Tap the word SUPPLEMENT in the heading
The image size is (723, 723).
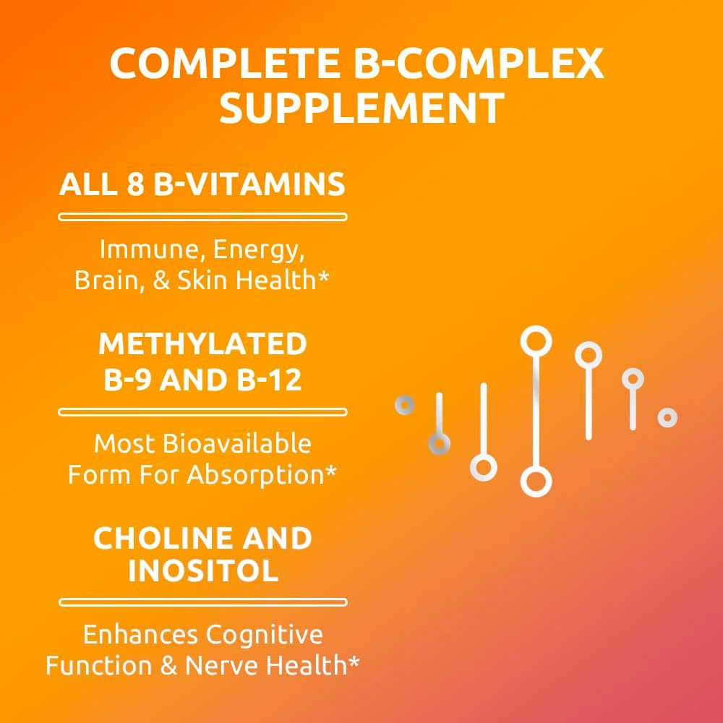[x=361, y=108]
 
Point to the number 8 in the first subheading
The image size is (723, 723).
[x=131, y=185]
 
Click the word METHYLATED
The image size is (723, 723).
[x=202, y=344]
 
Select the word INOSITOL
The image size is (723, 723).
[x=202, y=571]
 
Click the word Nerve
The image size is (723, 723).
[x=221, y=665]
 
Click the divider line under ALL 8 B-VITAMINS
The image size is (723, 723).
[x=202, y=216]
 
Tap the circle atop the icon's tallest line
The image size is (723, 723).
[x=536, y=340]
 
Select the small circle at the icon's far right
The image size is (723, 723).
[x=667, y=417]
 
